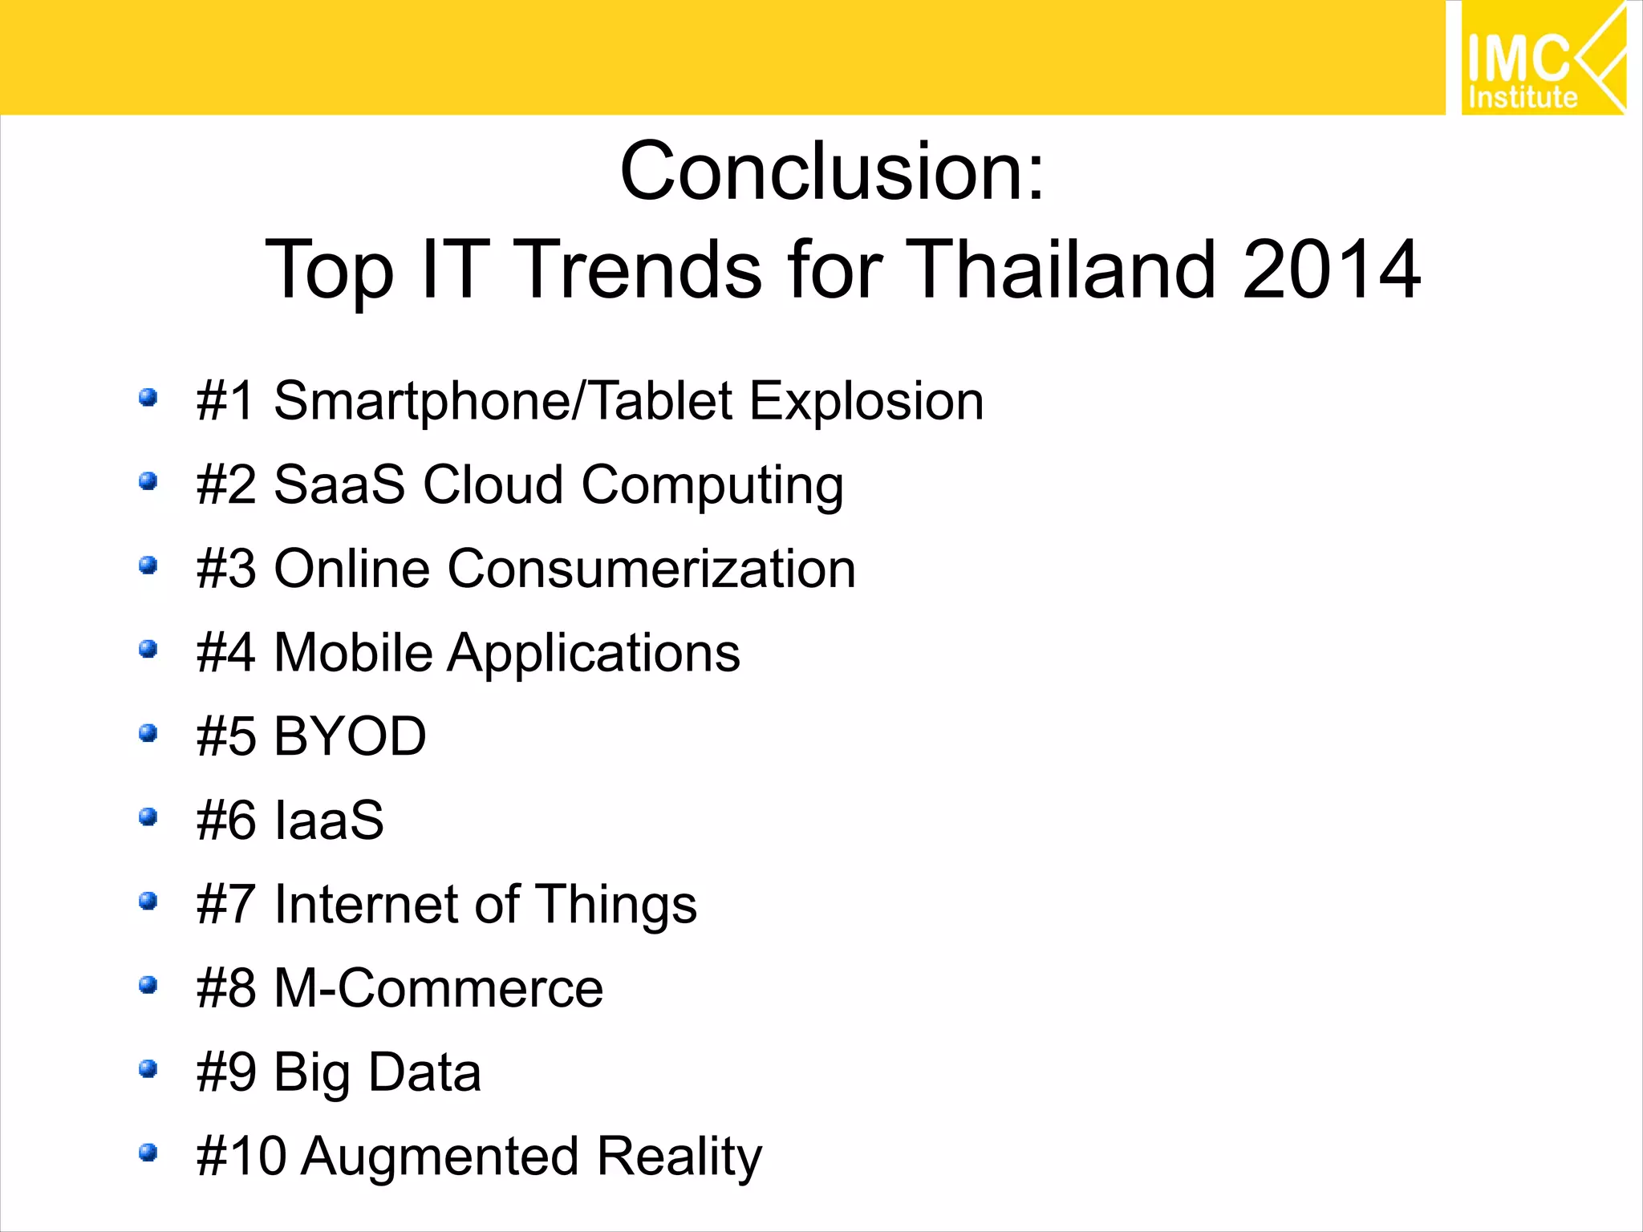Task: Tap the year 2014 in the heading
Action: (x=1332, y=270)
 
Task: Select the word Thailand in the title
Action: (x=1064, y=270)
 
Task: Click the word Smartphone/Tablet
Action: (x=503, y=401)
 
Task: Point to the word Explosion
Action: (x=866, y=401)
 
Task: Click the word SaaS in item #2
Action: (x=339, y=485)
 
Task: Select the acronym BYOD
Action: (x=350, y=736)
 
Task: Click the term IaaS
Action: (x=329, y=821)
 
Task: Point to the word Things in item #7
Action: (x=615, y=905)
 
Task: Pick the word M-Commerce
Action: (x=438, y=988)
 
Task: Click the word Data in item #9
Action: (x=425, y=1072)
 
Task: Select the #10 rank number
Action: (x=241, y=1157)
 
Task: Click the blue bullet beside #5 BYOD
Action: (x=148, y=733)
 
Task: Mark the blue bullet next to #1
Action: (x=148, y=397)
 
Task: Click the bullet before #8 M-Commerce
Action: (x=148, y=985)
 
